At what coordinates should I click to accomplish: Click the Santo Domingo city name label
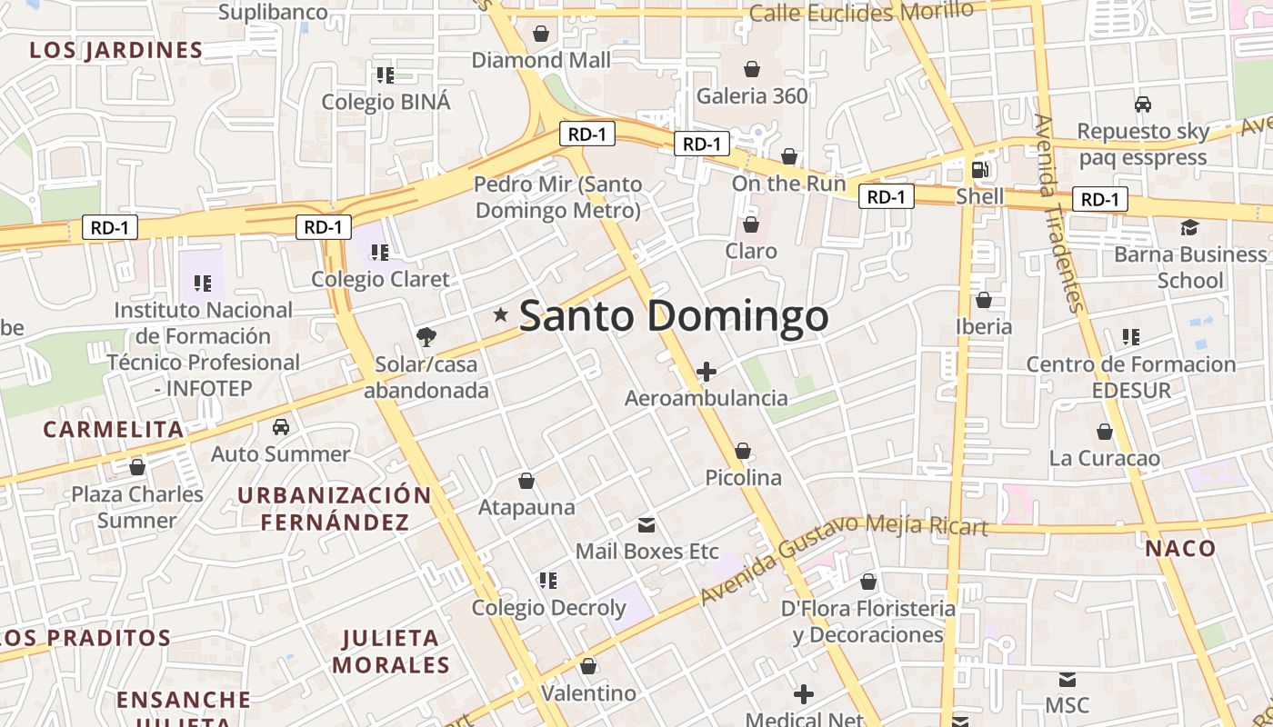[673, 316]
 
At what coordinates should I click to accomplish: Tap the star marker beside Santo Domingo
[500, 314]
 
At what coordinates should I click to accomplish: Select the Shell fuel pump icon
[980, 169]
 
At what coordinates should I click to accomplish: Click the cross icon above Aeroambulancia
[707, 371]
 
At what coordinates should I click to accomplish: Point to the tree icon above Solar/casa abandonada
[426, 338]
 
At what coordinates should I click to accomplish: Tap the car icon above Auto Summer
[281, 427]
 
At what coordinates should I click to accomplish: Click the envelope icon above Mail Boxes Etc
[647, 524]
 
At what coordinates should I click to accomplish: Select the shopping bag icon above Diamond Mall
[541, 34]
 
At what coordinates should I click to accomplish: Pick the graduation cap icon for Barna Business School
[1189, 227]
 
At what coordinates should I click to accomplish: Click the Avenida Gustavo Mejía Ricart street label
[843, 556]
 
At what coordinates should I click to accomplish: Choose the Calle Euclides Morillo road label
[860, 12]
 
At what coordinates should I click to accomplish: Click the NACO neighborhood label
[1180, 548]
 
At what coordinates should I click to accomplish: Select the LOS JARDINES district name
[115, 50]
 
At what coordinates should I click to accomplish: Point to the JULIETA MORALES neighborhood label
[391, 652]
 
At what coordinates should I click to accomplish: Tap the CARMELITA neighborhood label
[114, 429]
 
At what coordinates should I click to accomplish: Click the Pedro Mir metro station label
[558, 197]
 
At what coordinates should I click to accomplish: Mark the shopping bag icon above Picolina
[743, 451]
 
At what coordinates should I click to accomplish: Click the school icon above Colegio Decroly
[547, 580]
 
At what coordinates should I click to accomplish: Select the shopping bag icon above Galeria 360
[752, 69]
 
